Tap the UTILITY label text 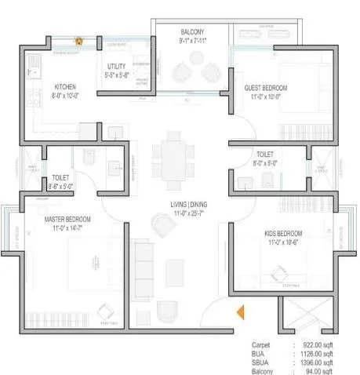point(119,68)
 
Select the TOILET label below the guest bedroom point(264,155)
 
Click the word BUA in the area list point(259,352)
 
